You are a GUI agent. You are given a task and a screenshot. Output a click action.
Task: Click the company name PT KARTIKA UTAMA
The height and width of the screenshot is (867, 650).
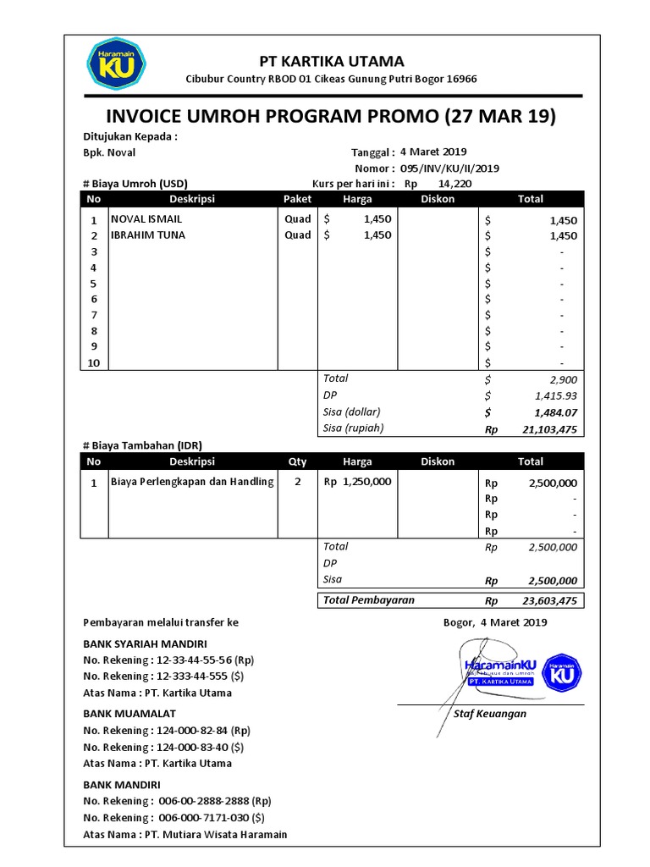click(331, 61)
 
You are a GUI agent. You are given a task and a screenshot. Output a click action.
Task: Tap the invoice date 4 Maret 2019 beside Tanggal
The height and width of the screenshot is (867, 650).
click(433, 152)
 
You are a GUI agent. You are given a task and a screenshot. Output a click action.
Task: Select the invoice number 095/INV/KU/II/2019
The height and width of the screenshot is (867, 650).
click(449, 168)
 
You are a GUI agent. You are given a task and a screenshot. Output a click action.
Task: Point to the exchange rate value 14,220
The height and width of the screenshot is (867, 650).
click(455, 184)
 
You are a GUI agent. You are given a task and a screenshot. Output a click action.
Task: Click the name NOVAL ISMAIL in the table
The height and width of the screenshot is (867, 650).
click(146, 218)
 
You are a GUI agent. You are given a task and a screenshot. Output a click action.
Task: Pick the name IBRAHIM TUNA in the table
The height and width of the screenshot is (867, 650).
click(148, 235)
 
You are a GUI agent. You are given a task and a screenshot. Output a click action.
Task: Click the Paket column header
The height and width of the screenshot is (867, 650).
click(297, 199)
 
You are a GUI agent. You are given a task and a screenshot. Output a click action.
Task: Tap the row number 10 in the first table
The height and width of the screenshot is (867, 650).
click(94, 362)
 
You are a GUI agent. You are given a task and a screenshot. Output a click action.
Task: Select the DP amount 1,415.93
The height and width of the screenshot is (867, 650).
click(555, 395)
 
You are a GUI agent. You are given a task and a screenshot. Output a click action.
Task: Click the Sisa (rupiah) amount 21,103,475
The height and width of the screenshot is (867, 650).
click(545, 429)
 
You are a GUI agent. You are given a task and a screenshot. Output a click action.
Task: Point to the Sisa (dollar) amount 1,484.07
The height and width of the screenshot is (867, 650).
click(555, 412)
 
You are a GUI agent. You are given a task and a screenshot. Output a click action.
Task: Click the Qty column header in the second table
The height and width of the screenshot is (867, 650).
click(297, 461)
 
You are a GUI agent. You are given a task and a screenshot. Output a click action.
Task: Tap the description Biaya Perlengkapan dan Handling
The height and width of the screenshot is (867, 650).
click(192, 482)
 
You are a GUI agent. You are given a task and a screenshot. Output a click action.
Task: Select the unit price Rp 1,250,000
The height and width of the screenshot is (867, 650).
click(357, 482)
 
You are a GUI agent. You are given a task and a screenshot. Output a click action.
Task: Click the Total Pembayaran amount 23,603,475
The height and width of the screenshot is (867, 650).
click(545, 600)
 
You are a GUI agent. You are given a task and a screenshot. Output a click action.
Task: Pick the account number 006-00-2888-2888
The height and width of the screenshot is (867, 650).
click(215, 800)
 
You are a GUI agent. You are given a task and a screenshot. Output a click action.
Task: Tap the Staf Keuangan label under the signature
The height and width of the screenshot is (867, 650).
click(490, 713)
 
